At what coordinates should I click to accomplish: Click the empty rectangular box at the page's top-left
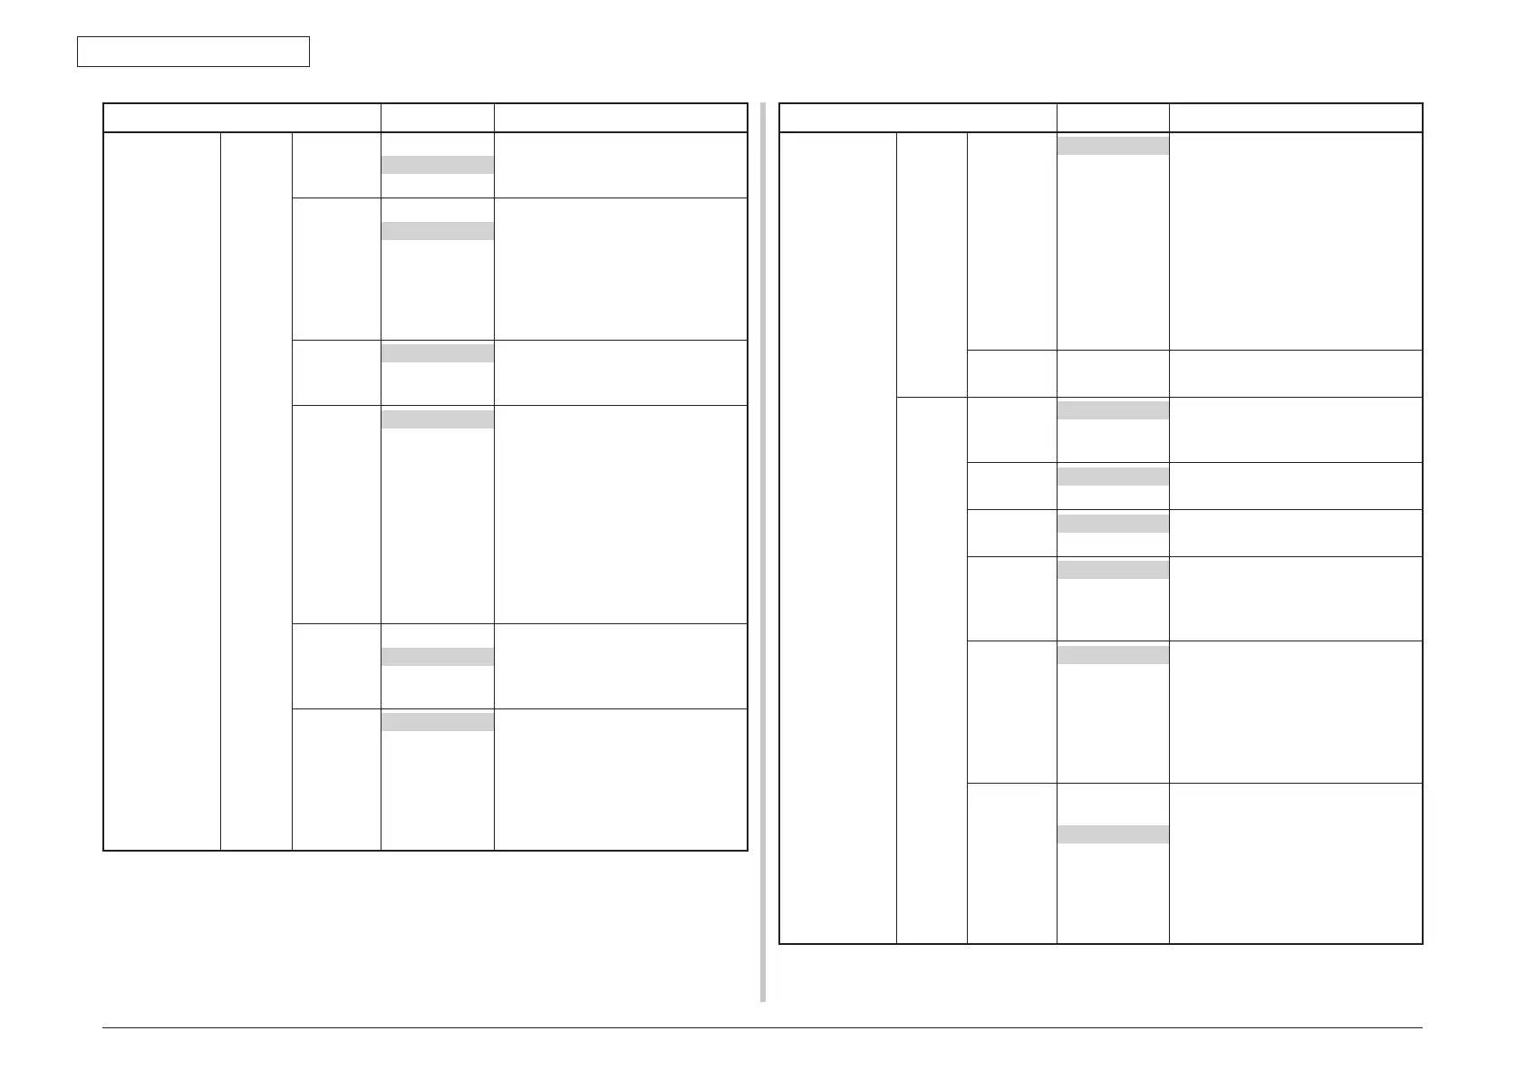(x=193, y=52)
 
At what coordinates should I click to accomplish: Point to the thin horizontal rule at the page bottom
(x=762, y=1027)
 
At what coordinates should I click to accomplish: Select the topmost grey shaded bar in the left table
(x=437, y=164)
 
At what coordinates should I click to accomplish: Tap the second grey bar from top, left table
(x=437, y=231)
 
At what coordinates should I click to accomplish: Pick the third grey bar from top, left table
(x=437, y=352)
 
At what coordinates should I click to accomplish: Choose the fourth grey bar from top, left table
(x=437, y=419)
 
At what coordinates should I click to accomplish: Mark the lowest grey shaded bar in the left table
(x=437, y=721)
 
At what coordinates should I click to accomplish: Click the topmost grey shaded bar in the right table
(x=1113, y=146)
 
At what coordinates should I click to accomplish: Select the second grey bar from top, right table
(x=1113, y=409)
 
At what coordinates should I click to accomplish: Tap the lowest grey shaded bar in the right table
(x=1113, y=833)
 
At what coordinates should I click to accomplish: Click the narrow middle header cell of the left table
(x=437, y=118)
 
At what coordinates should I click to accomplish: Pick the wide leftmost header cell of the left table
(x=242, y=118)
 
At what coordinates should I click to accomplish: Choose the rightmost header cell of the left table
(x=621, y=118)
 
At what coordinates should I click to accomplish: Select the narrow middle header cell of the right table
(x=1113, y=118)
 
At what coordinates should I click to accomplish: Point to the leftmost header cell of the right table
(x=918, y=118)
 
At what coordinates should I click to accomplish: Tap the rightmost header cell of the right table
(x=1296, y=118)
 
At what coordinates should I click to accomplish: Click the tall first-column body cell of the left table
(x=162, y=491)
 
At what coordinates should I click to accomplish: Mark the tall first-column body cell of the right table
(x=838, y=538)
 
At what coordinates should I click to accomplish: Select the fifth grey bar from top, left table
(x=437, y=657)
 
